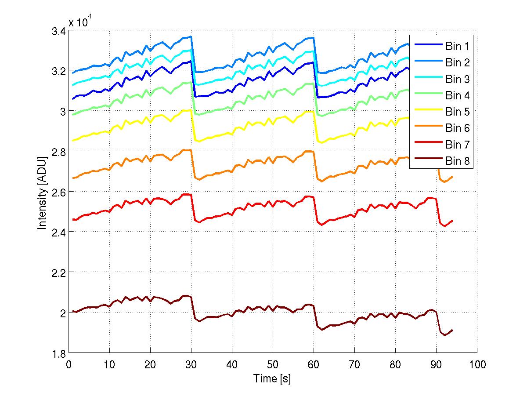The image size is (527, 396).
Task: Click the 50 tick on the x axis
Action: (273, 364)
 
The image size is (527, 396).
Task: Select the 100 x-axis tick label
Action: (476, 364)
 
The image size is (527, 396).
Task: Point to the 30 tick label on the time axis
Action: (191, 364)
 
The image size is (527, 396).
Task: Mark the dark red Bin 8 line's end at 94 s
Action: (452, 330)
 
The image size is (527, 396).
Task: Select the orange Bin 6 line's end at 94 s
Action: (452, 176)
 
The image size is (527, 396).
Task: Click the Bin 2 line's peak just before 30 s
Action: (191, 36)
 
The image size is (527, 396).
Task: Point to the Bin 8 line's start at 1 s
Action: (73, 312)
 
